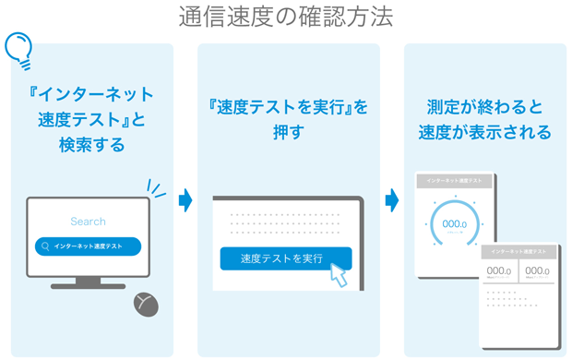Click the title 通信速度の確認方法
[285, 17]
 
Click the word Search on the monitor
[88, 222]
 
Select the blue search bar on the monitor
[88, 246]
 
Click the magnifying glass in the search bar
[44, 246]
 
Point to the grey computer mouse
[146, 305]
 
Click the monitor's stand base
[88, 286]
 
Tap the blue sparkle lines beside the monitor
[158, 190]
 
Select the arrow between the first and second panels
[185, 199]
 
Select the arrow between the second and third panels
[392, 199]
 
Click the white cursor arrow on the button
[339, 274]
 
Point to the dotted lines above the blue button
[285, 224]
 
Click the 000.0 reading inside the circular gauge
[454, 224]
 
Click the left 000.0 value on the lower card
[499, 271]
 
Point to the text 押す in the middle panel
[289, 134]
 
